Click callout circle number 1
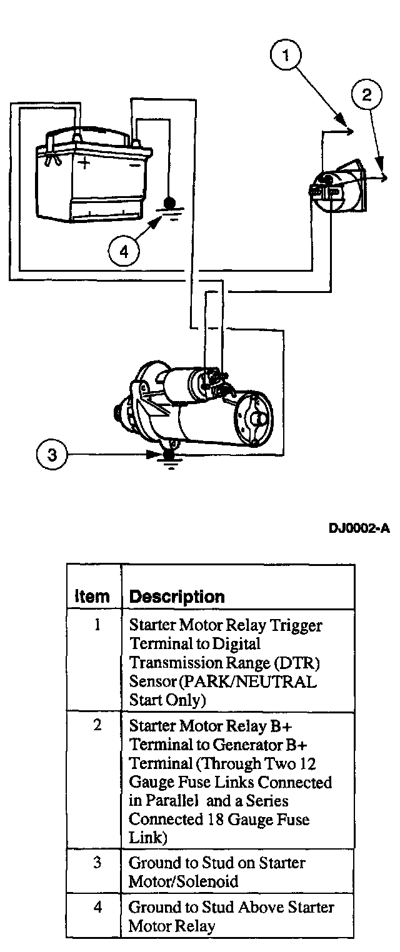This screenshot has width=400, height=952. (x=285, y=56)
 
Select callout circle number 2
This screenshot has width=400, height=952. (x=366, y=94)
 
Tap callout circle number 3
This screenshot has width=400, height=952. (x=52, y=455)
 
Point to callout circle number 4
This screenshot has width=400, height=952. (x=124, y=251)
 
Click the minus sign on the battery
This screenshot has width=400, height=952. (x=133, y=166)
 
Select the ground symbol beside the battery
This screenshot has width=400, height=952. (x=168, y=209)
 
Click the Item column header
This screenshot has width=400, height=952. (x=92, y=596)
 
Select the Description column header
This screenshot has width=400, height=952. (x=176, y=596)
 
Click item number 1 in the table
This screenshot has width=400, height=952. (x=97, y=625)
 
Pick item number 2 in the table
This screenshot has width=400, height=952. (x=97, y=726)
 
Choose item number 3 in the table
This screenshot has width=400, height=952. (x=97, y=863)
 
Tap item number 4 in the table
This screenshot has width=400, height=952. (x=97, y=906)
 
